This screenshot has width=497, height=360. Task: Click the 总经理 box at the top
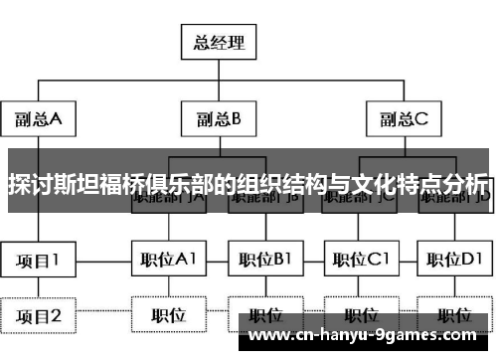[x=217, y=42]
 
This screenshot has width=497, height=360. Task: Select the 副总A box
[x=39, y=119]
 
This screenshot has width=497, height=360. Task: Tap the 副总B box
[x=218, y=119]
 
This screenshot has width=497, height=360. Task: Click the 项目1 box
[x=39, y=260]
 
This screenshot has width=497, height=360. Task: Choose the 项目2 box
[x=39, y=316]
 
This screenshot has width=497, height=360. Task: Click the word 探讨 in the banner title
[x=30, y=184]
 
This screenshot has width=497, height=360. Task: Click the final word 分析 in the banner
[x=465, y=184]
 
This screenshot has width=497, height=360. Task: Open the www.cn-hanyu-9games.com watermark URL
[x=366, y=335]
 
